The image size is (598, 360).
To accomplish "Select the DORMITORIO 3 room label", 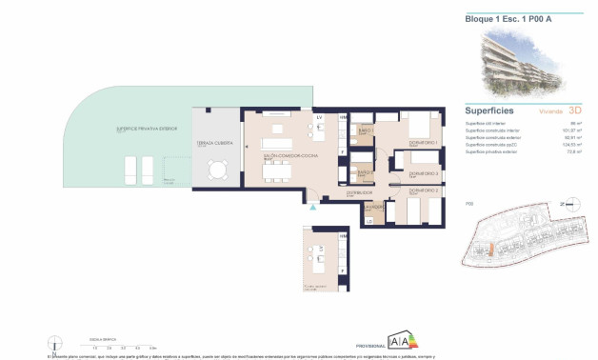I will [x=423, y=175].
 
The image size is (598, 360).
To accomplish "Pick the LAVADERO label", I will [x=374, y=206].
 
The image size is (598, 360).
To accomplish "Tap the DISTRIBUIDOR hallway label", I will [x=335, y=190].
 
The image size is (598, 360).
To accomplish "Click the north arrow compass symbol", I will [x=570, y=204].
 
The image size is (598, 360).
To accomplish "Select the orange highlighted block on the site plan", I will [x=492, y=249].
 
